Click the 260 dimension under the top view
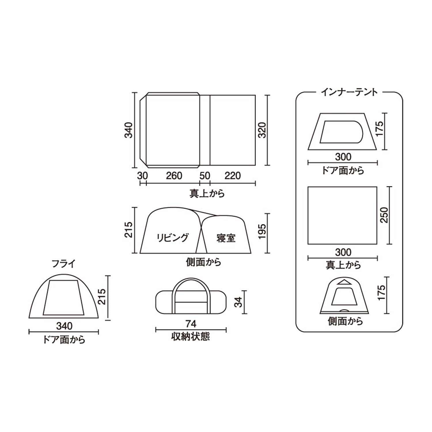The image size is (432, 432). [x=174, y=176]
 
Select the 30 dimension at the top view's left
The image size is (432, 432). [x=142, y=176]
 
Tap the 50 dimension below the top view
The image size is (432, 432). [x=205, y=176]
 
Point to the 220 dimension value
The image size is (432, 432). [x=232, y=176]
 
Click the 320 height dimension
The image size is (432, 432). [x=262, y=130]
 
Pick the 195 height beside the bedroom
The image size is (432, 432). [x=262, y=231]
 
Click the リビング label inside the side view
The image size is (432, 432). [x=173, y=238]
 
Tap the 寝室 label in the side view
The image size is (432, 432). [x=226, y=238]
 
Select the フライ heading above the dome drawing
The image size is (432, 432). [x=64, y=264]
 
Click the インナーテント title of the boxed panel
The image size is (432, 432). [x=349, y=92]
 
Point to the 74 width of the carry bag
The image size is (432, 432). [x=191, y=324]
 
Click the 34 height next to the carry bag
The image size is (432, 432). [x=238, y=302]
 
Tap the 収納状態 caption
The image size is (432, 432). [x=191, y=336]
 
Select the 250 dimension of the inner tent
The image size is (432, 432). [x=384, y=215]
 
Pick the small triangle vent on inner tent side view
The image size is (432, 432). [x=344, y=282]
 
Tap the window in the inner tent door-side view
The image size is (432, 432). [x=341, y=132]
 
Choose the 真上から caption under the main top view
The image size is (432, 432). [x=207, y=193]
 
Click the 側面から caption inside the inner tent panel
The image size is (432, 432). [x=345, y=321]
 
